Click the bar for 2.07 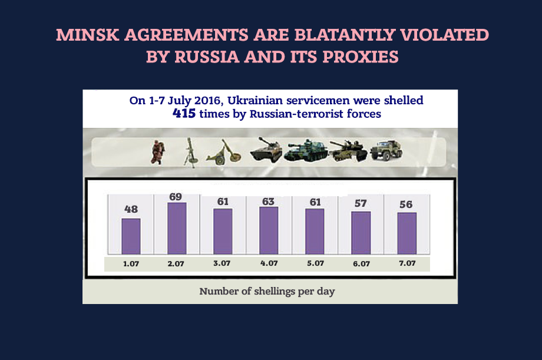(x=177, y=228)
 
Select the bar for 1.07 (x=131, y=236)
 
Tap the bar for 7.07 (x=407, y=233)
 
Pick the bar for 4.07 (x=269, y=230)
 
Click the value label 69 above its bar (x=176, y=197)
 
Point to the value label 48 (x=131, y=209)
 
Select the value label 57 (x=361, y=203)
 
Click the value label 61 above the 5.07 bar (x=315, y=202)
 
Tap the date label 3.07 (x=222, y=263)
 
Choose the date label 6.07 (x=362, y=263)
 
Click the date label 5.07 (x=316, y=263)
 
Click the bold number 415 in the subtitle (x=184, y=113)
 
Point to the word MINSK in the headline (x=88, y=35)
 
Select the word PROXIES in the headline (x=361, y=57)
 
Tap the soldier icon (x=158, y=152)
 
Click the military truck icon (x=386, y=150)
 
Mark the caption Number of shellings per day (x=267, y=291)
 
